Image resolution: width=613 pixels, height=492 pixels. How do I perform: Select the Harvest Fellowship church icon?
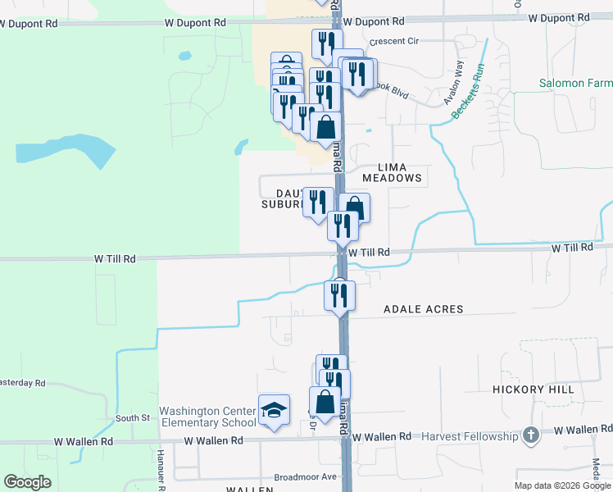tap(530, 435)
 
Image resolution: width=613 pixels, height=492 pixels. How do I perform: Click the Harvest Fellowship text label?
tap(470, 435)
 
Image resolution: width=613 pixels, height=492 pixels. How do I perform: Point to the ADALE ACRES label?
tap(424, 309)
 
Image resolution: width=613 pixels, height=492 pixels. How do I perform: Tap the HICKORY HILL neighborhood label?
tap(534, 389)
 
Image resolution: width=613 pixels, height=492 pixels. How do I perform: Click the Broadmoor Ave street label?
tap(306, 476)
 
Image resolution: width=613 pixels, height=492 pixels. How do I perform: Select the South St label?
tap(132, 417)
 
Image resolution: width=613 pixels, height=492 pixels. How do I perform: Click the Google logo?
tap(27, 482)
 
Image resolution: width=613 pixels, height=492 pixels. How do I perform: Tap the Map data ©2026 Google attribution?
tap(561, 485)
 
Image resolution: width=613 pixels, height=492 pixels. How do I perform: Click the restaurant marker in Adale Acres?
tap(339, 294)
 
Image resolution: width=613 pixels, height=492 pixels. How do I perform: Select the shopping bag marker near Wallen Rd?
tap(325, 402)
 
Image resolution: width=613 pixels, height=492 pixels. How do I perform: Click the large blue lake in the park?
tap(66, 150)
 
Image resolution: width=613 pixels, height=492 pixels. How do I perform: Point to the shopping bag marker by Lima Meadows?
tap(354, 207)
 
